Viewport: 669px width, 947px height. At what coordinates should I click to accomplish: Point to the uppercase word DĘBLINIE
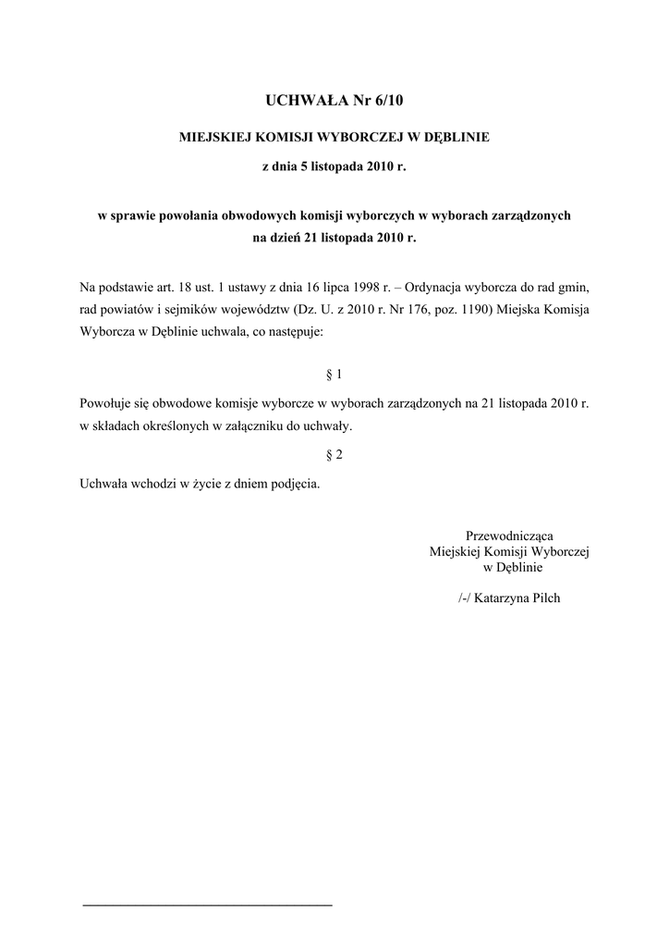(x=456, y=137)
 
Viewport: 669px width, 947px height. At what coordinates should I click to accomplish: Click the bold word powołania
(x=188, y=215)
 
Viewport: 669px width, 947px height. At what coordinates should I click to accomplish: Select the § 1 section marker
(x=334, y=375)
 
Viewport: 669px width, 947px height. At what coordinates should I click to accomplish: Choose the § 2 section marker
(x=334, y=454)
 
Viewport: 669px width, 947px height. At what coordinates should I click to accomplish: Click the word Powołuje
(x=106, y=404)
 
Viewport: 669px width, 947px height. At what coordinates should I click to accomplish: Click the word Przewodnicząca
(x=509, y=535)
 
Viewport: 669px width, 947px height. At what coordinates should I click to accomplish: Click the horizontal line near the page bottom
(x=207, y=904)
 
